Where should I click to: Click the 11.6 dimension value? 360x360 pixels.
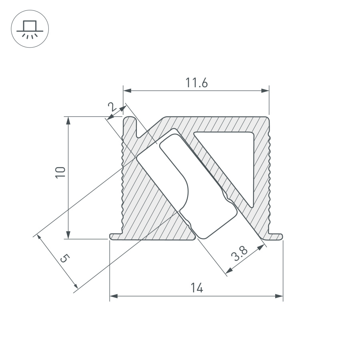(196, 83)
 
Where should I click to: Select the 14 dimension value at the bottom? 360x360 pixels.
(196, 288)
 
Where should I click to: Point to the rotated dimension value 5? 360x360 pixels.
(64, 258)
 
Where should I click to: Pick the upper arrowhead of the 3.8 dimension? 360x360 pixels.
(262, 248)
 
